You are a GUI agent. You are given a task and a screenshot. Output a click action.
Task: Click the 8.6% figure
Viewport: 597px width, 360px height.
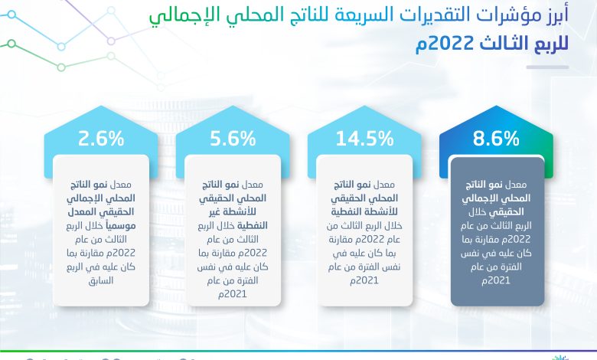point(496,139)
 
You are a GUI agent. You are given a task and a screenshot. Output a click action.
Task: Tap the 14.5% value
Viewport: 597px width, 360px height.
point(364,139)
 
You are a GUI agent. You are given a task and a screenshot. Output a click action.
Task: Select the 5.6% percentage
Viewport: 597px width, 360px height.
point(233,139)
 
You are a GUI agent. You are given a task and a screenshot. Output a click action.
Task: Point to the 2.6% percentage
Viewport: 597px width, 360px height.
point(101,139)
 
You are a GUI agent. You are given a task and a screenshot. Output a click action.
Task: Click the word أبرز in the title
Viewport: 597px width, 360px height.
point(554,16)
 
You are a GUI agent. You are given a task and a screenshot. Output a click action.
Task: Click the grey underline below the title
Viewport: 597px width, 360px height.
point(547,67)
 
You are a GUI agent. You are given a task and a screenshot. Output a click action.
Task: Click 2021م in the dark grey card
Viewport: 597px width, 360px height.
point(496,281)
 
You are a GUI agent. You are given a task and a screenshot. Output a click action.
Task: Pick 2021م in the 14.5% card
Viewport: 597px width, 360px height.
point(364,281)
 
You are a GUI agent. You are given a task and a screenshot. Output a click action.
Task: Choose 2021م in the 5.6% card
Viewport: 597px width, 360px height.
point(233,294)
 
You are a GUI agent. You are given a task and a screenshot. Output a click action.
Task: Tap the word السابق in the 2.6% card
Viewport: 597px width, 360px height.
point(101,281)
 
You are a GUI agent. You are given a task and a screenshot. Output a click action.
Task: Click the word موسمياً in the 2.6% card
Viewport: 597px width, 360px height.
point(120,225)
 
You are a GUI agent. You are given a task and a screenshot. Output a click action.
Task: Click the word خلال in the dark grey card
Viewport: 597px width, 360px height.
point(478,212)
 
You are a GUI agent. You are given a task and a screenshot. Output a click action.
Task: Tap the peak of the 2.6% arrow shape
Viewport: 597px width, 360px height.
point(101,106)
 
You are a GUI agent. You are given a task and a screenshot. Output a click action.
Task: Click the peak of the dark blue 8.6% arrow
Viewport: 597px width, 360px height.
point(496,106)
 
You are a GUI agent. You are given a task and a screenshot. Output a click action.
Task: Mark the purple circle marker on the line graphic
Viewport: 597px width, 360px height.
point(111,41)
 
